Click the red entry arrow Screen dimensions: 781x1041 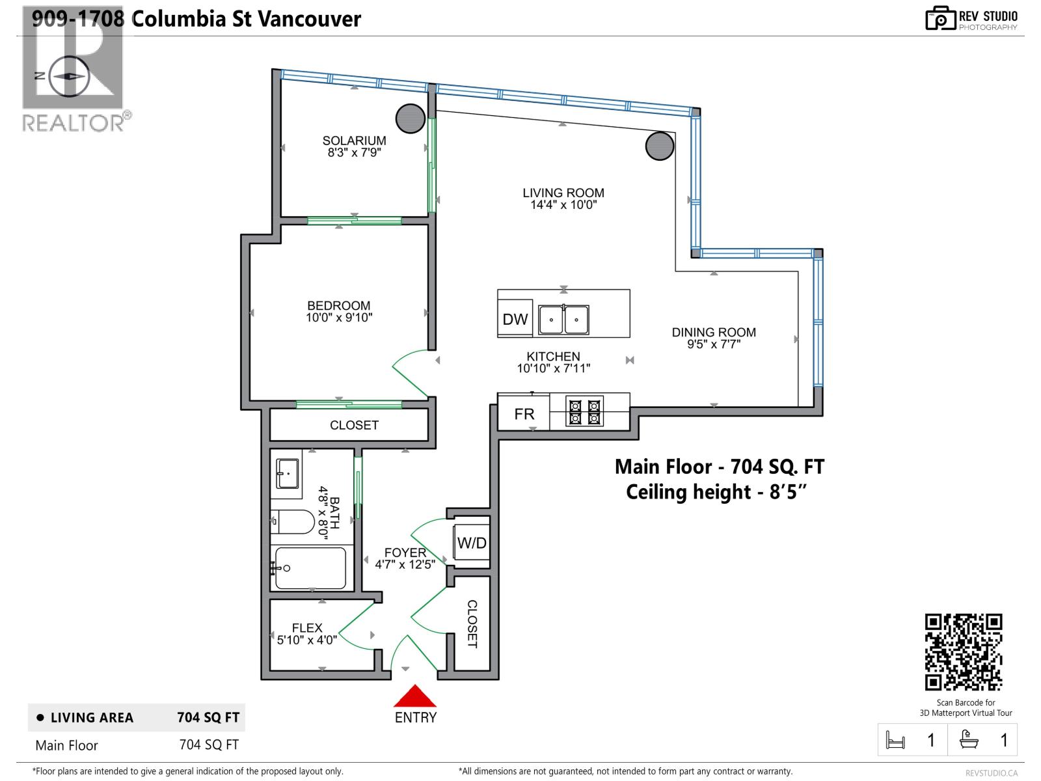tap(414, 696)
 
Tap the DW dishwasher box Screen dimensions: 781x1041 tap(515, 319)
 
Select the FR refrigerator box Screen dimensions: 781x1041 tap(524, 414)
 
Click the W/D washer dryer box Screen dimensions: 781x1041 tap(472, 543)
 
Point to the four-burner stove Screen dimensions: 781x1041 tap(584, 412)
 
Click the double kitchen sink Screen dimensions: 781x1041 tap(563, 320)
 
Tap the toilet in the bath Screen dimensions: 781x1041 tap(294, 521)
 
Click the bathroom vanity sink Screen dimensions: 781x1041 tap(287, 473)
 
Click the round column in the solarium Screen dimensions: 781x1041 tap(411, 119)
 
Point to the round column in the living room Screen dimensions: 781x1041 tap(659, 146)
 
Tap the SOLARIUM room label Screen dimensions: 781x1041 tap(354, 141)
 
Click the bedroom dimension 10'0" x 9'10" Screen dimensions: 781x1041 tap(339, 318)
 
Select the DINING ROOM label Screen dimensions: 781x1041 tap(714, 332)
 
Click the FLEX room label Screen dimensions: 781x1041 tap(307, 627)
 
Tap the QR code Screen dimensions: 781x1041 tap(964, 651)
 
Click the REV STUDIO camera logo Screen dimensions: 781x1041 tap(940, 19)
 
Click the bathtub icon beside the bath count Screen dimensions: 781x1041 tap(969, 740)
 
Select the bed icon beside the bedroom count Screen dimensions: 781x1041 tap(896, 740)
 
